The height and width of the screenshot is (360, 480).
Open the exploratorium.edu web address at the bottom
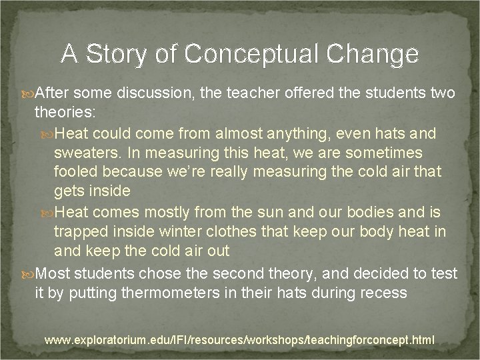click(239, 340)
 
